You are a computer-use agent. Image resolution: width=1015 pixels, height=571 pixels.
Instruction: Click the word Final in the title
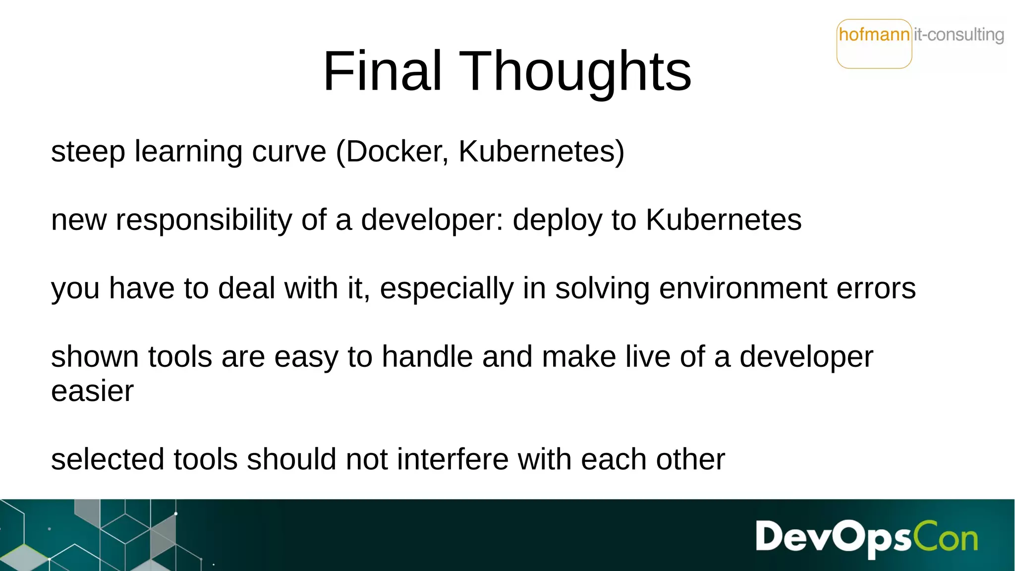tap(382, 71)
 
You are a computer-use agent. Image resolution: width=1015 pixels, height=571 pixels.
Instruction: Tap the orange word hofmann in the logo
tap(874, 35)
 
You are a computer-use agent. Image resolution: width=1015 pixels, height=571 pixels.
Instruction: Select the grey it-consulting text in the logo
tap(959, 35)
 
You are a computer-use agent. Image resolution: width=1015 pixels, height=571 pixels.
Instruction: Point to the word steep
tap(88, 152)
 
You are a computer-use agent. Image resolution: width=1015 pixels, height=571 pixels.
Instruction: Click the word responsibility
tap(204, 220)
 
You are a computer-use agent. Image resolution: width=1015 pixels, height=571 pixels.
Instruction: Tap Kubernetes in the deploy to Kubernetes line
tap(723, 220)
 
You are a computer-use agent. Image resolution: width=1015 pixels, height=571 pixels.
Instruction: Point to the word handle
tap(427, 357)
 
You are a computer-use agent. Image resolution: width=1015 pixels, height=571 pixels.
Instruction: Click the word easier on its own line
tap(92, 391)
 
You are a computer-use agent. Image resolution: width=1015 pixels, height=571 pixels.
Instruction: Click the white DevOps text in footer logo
tap(833, 537)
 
